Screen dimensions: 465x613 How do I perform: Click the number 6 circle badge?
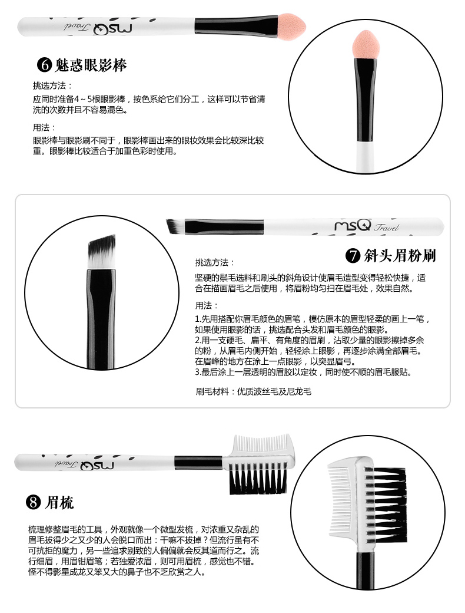click(x=45, y=64)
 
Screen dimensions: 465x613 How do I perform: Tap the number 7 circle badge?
click(x=353, y=256)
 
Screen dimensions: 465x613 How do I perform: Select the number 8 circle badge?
click(x=33, y=502)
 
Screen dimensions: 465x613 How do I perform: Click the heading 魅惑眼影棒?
click(x=91, y=65)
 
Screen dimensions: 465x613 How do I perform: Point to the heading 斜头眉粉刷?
click(x=400, y=256)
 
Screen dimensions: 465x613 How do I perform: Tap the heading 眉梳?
click(x=59, y=502)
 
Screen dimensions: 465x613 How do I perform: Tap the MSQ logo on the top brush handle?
click(x=112, y=28)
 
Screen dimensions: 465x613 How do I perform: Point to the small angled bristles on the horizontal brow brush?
click(x=175, y=226)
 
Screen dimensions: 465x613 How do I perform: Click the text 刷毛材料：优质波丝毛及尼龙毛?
click(x=253, y=392)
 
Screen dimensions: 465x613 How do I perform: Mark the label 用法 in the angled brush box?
click(x=207, y=306)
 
